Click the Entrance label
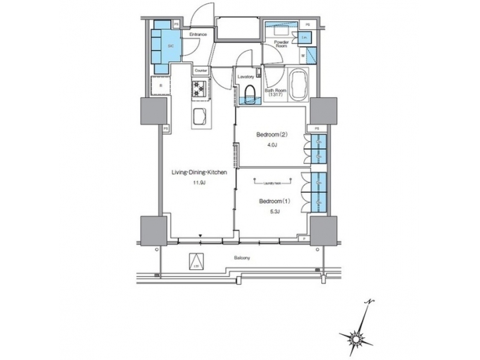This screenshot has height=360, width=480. pos(197,35)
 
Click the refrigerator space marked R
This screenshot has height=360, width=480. pos(160,86)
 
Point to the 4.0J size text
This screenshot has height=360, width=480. pos(271,145)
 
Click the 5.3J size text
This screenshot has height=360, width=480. pos(273,211)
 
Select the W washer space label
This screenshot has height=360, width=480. pos(303,56)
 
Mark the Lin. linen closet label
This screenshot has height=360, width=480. pos(304,38)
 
